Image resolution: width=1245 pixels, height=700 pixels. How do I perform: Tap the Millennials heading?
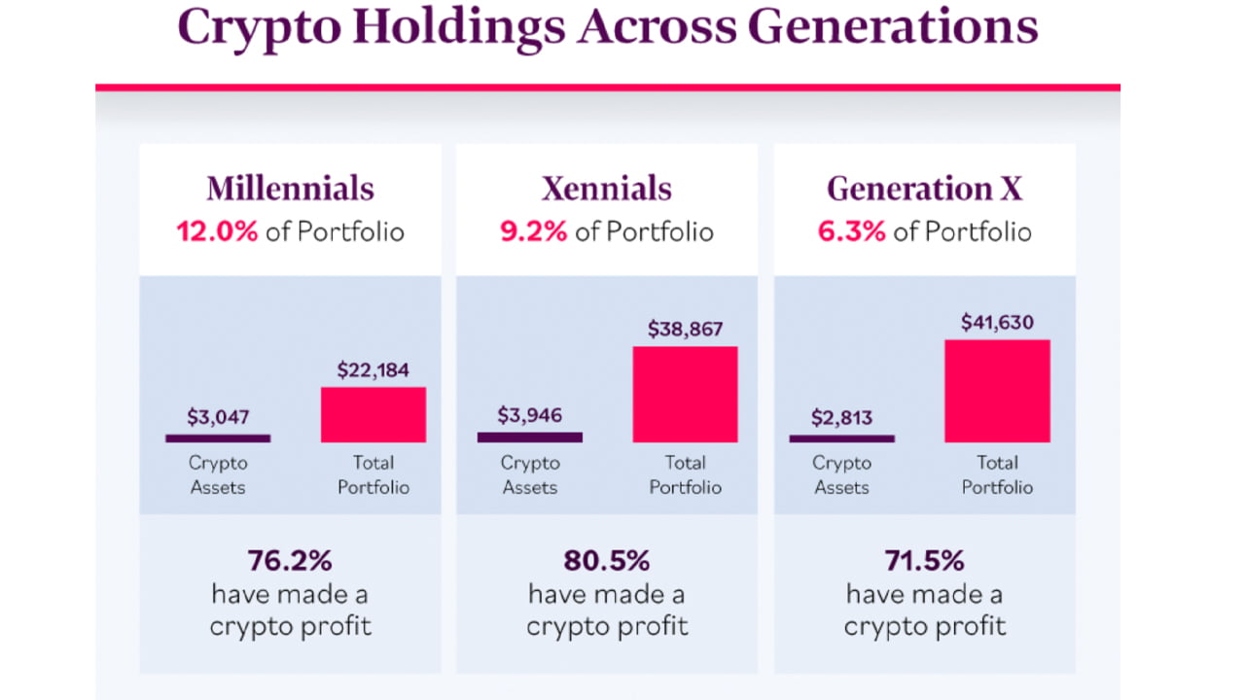[x=290, y=188]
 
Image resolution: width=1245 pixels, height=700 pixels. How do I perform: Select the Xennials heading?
[x=607, y=188]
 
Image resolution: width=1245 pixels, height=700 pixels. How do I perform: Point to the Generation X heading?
[x=924, y=188]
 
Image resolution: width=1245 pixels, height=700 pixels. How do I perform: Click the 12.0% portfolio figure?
[x=216, y=232]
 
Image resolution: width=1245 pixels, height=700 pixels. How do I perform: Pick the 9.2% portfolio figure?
[x=533, y=232]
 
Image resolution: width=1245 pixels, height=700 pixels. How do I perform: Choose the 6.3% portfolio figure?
[x=851, y=232]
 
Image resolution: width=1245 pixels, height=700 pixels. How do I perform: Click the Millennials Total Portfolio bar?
[x=373, y=414]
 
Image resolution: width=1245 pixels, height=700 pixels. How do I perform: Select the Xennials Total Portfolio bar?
[x=685, y=394]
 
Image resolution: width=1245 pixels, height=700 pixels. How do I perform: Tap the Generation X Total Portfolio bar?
[x=997, y=391]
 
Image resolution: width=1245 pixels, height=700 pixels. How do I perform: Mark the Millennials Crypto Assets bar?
[x=218, y=438]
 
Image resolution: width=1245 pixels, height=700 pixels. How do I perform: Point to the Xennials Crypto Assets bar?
[x=529, y=437]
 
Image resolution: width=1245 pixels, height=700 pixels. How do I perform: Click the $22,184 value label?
[x=373, y=370]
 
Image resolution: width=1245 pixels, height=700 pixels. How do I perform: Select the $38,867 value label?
[x=686, y=330]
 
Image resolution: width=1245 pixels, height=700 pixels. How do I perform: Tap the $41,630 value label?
[x=997, y=322]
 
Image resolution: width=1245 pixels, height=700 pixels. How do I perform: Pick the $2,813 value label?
[x=841, y=418]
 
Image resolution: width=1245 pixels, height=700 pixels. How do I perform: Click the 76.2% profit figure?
[x=290, y=561]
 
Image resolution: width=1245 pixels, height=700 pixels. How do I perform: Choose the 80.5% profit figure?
[x=607, y=561]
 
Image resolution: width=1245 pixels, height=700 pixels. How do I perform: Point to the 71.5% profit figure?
[x=924, y=561]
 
